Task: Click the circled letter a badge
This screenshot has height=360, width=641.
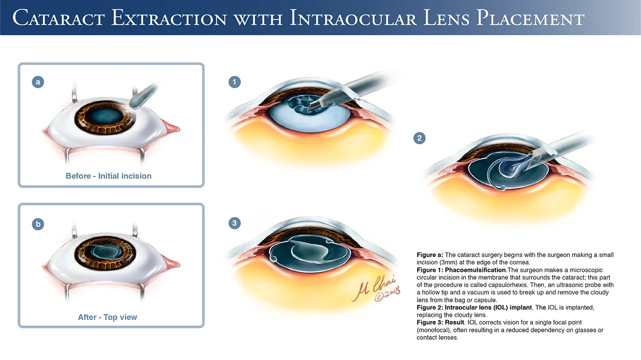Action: tap(38, 82)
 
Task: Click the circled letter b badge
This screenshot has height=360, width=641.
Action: tap(38, 224)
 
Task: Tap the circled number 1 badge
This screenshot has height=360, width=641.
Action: tap(234, 82)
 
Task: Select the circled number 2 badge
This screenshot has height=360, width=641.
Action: tap(419, 138)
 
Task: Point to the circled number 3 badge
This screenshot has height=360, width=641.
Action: tap(234, 223)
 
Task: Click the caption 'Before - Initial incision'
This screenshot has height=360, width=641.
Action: tap(109, 176)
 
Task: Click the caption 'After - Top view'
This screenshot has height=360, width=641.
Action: tap(108, 317)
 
